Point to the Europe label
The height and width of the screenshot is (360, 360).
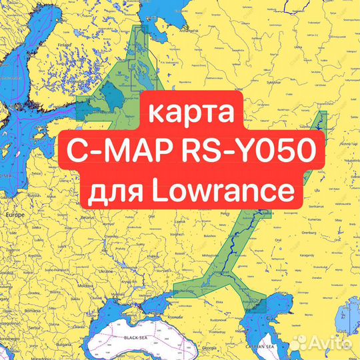[15, 216]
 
